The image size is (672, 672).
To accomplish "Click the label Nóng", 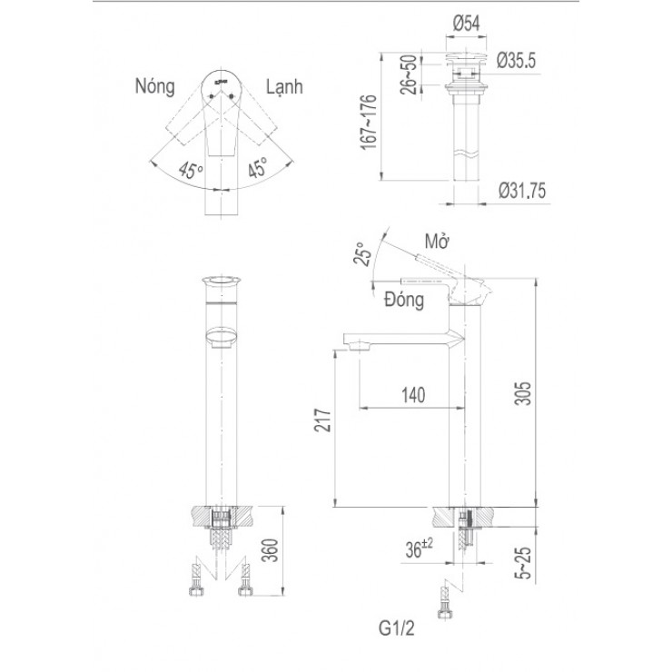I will pyautogui.click(x=155, y=87).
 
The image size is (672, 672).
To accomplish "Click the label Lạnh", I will pyautogui.click(x=284, y=87).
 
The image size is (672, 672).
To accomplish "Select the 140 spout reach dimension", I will pyautogui.click(x=412, y=395).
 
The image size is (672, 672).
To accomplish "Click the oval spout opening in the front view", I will pyautogui.click(x=219, y=338).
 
